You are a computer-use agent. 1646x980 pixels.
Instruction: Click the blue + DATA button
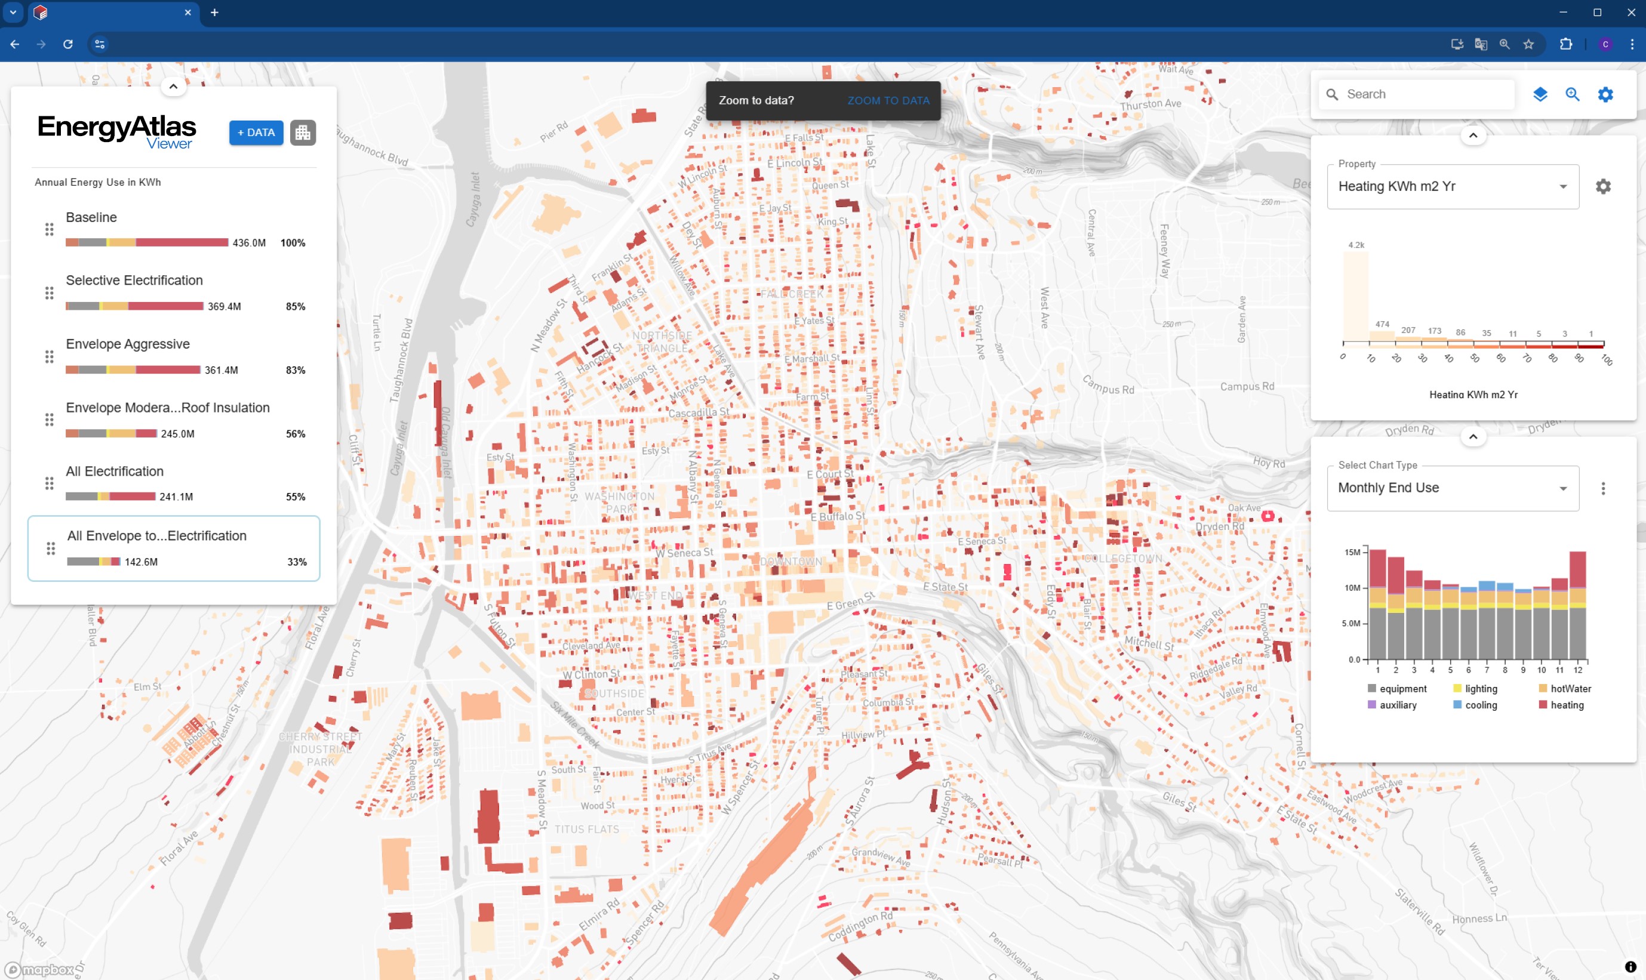pos(256,132)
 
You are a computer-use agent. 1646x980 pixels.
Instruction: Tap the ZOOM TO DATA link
pos(888,100)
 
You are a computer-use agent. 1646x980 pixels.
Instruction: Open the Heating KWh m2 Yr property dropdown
pos(1452,187)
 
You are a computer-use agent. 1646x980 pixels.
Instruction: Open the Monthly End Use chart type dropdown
pos(1452,488)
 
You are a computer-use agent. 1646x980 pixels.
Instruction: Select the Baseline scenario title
pos(91,217)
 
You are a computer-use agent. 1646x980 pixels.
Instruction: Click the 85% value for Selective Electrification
pos(296,306)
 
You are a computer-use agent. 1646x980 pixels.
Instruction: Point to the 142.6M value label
pos(141,562)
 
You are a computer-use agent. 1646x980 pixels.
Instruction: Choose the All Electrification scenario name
pos(114,471)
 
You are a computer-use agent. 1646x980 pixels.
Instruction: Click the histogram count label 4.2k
pos(1355,245)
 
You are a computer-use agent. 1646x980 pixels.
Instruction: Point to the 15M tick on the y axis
pos(1352,552)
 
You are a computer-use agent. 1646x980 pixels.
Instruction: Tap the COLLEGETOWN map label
pos(1123,559)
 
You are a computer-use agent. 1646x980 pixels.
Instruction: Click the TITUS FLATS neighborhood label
pos(586,830)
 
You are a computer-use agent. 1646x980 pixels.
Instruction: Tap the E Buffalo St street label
pos(837,516)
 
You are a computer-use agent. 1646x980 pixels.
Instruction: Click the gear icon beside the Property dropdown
pos(1602,187)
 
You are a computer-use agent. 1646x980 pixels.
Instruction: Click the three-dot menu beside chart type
pos(1602,489)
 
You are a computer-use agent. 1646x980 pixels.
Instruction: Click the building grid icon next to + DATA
pos(303,132)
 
